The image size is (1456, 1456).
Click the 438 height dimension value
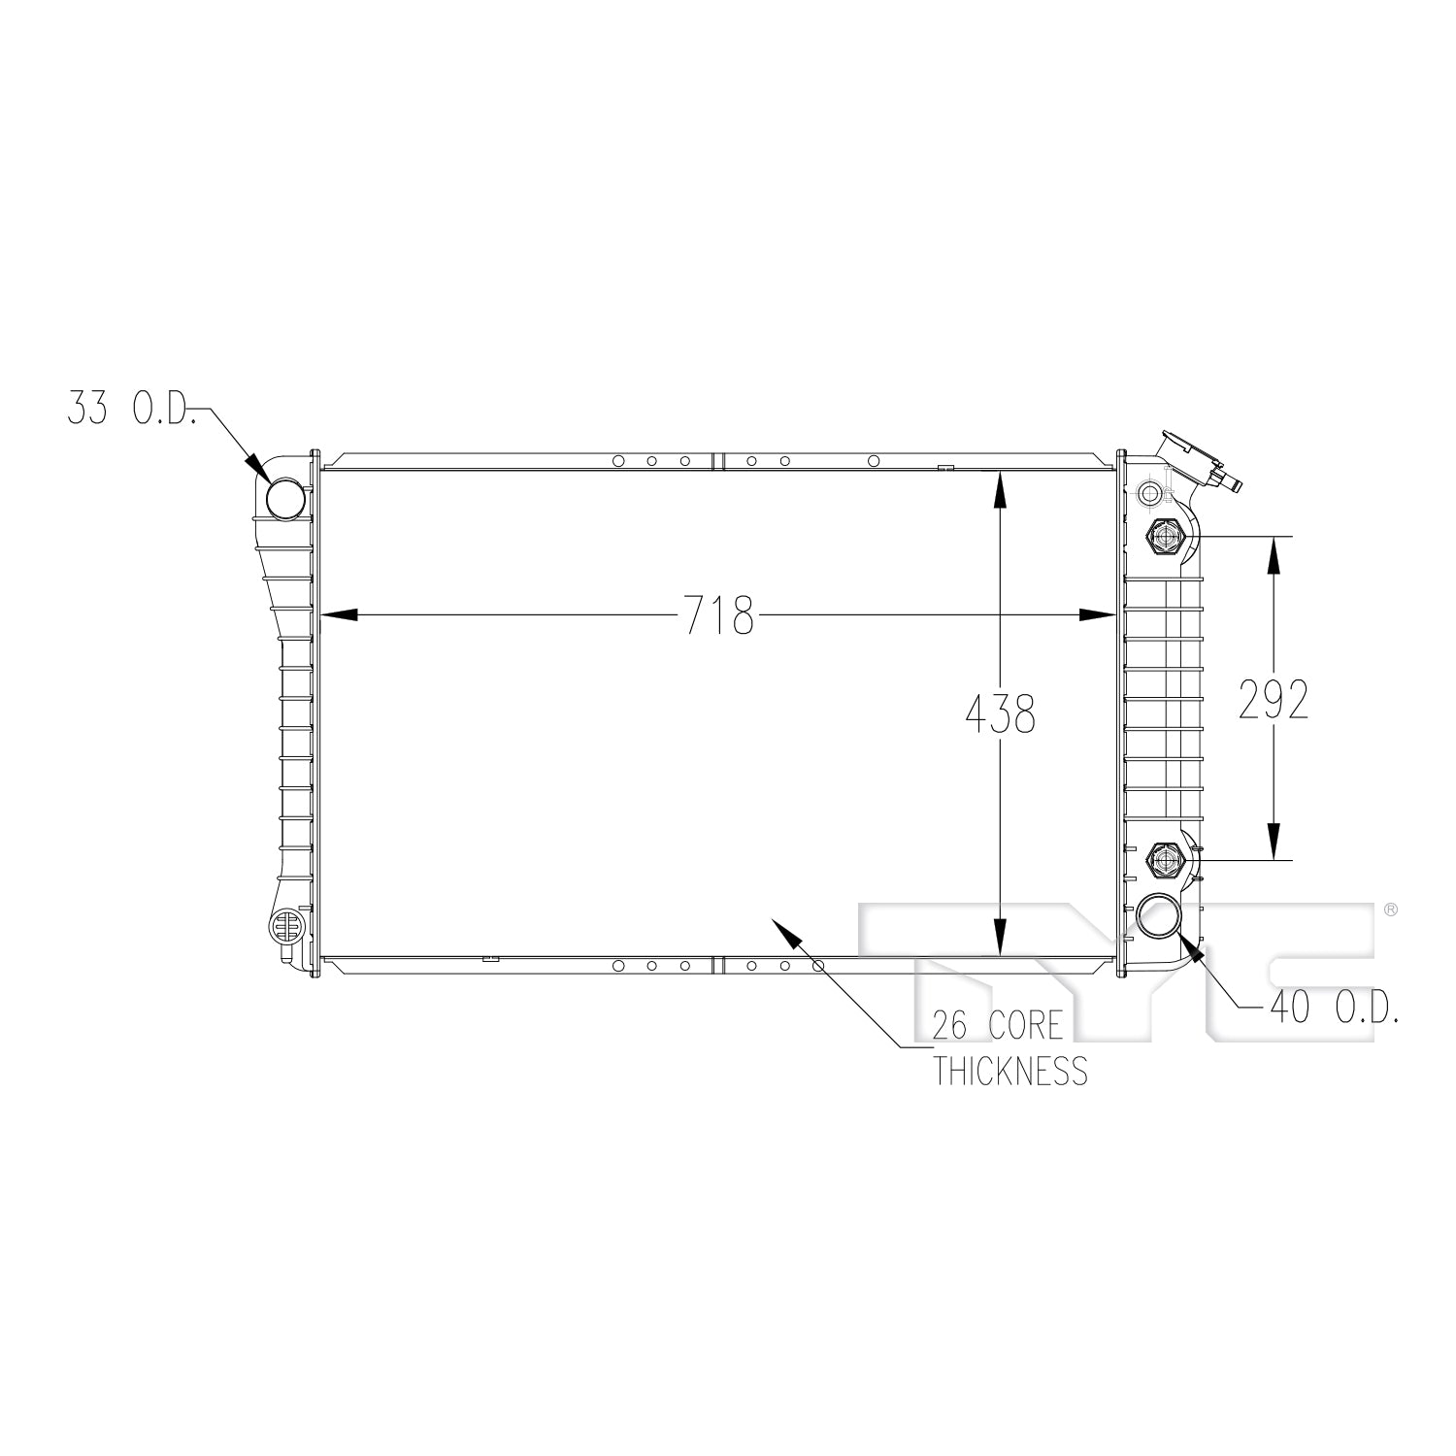pos(1001,713)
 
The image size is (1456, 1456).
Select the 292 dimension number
pos(1274,699)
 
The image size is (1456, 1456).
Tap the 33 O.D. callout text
pos(132,408)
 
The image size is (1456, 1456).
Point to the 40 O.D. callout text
pos(1334,1009)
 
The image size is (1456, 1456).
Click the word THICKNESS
pos(1010,1071)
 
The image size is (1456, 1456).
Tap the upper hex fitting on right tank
pos(1164,536)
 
